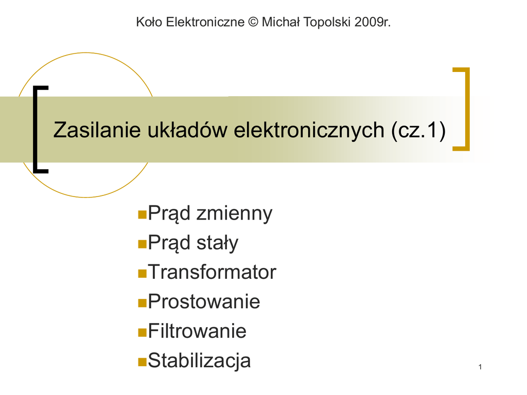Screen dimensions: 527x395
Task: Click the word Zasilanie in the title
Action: (97, 130)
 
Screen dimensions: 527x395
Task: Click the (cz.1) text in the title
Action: (418, 130)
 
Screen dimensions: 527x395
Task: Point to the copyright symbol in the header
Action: (253, 22)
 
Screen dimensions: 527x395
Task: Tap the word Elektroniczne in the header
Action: (205, 22)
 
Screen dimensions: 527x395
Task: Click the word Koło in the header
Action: (149, 22)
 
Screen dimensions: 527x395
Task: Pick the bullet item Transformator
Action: (212, 272)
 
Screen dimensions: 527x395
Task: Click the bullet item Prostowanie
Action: (204, 301)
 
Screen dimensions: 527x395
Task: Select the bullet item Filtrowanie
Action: (197, 331)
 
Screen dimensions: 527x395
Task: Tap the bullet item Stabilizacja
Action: (199, 361)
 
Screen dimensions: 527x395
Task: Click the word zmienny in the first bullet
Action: (234, 214)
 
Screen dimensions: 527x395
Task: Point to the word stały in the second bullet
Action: (218, 243)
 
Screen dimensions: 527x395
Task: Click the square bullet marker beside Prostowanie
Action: (142, 303)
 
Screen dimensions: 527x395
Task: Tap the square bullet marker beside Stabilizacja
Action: (142, 362)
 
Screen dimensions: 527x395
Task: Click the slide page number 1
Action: (480, 367)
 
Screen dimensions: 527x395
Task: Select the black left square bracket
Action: (36, 130)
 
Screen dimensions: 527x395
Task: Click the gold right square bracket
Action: (467, 109)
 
